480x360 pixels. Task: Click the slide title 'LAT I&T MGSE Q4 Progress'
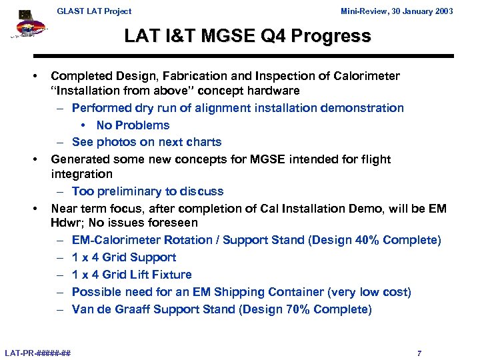coord(247,36)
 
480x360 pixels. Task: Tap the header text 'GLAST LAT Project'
coord(94,11)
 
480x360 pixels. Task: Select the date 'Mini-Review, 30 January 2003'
coord(397,11)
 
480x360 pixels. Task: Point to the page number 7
coord(419,353)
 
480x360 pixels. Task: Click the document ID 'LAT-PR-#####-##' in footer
coord(38,353)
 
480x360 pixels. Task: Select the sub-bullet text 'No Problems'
coord(133,125)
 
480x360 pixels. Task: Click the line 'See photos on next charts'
coord(147,142)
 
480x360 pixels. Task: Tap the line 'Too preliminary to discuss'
coord(147,191)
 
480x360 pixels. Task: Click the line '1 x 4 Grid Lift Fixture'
coord(131,275)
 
